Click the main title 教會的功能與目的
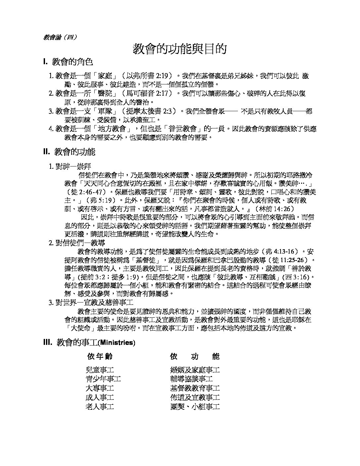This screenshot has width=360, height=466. point(180,49)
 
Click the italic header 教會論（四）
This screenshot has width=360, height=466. point(60,37)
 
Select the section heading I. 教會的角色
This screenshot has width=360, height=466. point(68,62)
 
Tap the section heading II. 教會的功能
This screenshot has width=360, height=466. point(69,152)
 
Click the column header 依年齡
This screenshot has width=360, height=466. point(100,356)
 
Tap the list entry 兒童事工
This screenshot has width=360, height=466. point(100,370)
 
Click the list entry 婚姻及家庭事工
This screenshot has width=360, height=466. point(195,370)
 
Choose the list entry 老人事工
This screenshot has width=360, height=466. point(100,406)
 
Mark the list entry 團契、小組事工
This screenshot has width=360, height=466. point(195,406)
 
